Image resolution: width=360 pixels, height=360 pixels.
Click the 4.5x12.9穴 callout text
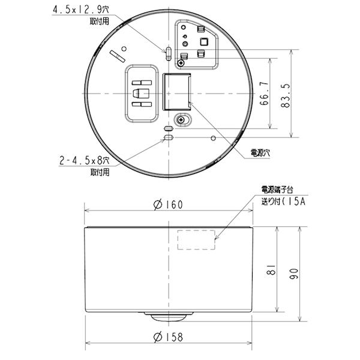(90, 10)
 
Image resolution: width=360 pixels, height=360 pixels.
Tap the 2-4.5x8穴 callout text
(84, 160)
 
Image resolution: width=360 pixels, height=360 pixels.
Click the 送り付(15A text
(282, 201)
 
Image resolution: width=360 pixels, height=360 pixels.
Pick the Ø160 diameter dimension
(168, 204)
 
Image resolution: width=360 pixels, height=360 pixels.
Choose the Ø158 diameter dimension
(168, 337)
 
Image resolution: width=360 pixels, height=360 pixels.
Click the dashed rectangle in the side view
(196, 240)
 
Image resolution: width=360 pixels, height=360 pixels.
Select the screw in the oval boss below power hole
(180, 120)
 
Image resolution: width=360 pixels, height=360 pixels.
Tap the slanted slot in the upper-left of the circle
(117, 56)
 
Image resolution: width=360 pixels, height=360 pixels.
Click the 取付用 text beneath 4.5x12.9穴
(101, 20)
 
